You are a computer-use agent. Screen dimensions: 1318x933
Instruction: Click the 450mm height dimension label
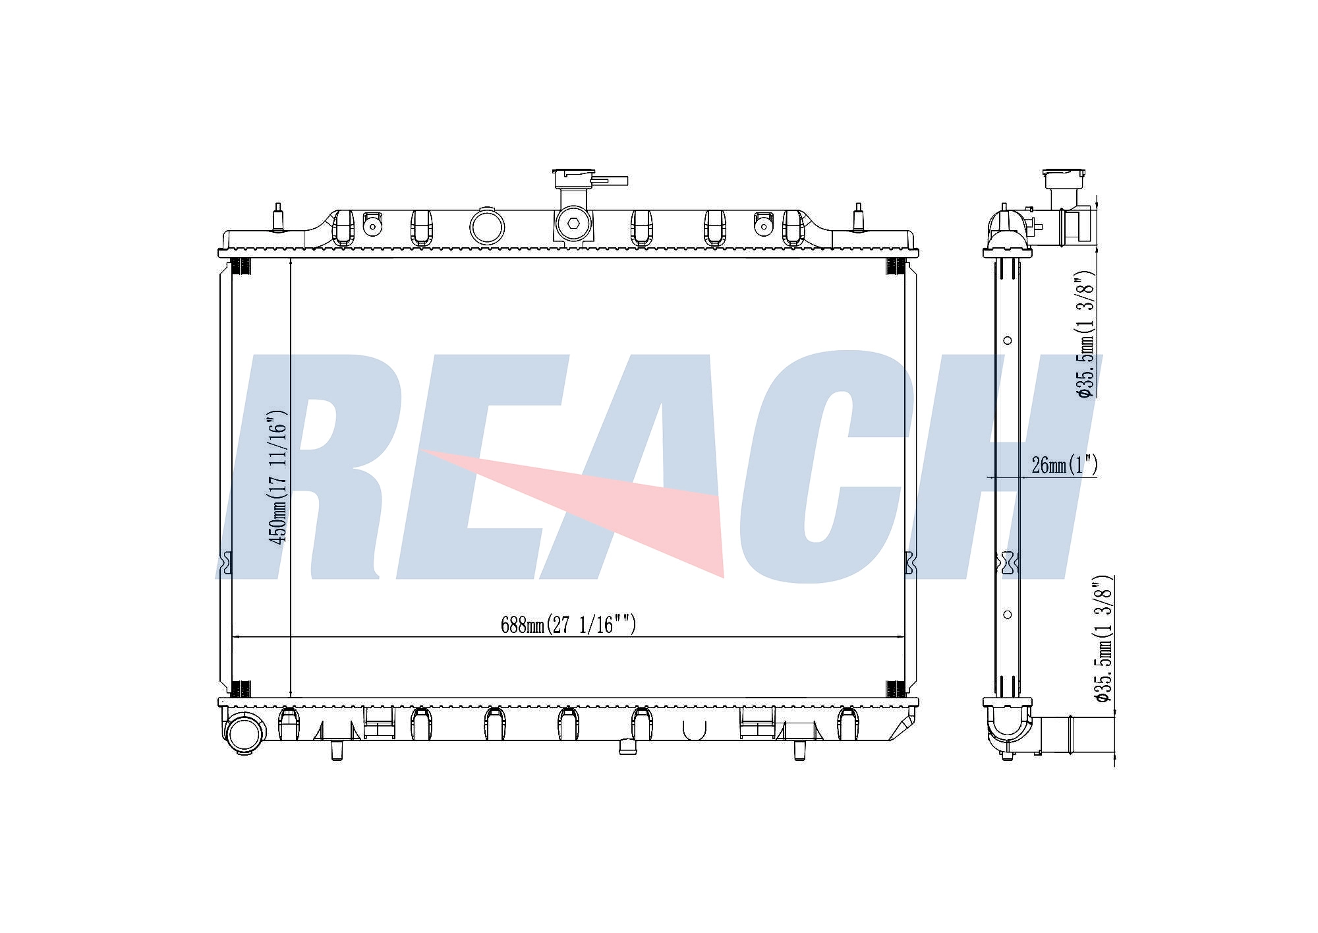(x=278, y=477)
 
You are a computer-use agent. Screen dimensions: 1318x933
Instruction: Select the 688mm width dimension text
(x=568, y=624)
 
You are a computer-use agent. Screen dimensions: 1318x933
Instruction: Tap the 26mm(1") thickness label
(x=1064, y=465)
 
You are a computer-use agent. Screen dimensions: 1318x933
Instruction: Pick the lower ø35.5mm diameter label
(x=1103, y=639)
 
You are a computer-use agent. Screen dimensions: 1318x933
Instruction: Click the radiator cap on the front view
(x=590, y=179)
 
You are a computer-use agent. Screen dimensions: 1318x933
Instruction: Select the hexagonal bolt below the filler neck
(x=572, y=224)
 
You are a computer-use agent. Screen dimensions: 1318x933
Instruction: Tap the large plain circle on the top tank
(x=487, y=226)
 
